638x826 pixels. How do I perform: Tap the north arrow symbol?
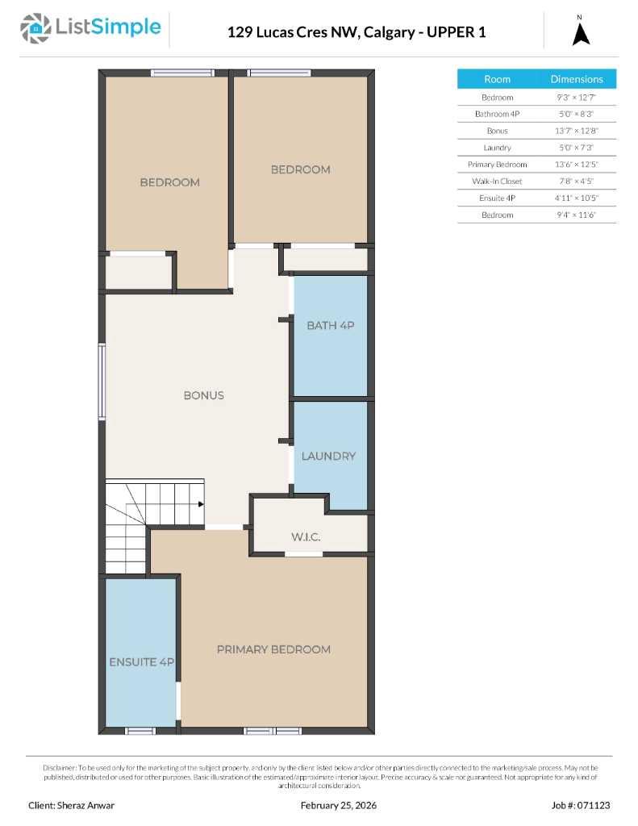(x=581, y=33)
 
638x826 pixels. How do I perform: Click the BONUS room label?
(x=203, y=395)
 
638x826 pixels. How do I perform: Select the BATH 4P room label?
(x=330, y=325)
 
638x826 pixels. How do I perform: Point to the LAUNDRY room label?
(x=328, y=456)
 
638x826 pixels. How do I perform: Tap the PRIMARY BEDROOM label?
(x=273, y=649)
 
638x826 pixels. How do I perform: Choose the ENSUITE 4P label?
(x=142, y=662)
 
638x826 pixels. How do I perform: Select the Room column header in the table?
(x=497, y=79)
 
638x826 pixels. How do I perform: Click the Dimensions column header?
(x=576, y=79)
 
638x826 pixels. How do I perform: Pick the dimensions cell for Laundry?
(x=576, y=148)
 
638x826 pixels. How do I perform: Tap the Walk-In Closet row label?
(x=497, y=181)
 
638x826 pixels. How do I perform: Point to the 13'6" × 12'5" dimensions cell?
(x=576, y=165)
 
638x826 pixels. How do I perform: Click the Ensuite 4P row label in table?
(x=497, y=198)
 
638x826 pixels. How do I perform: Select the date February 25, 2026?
(x=338, y=805)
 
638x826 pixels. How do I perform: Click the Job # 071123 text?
(x=581, y=805)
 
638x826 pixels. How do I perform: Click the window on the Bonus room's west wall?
(x=102, y=382)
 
